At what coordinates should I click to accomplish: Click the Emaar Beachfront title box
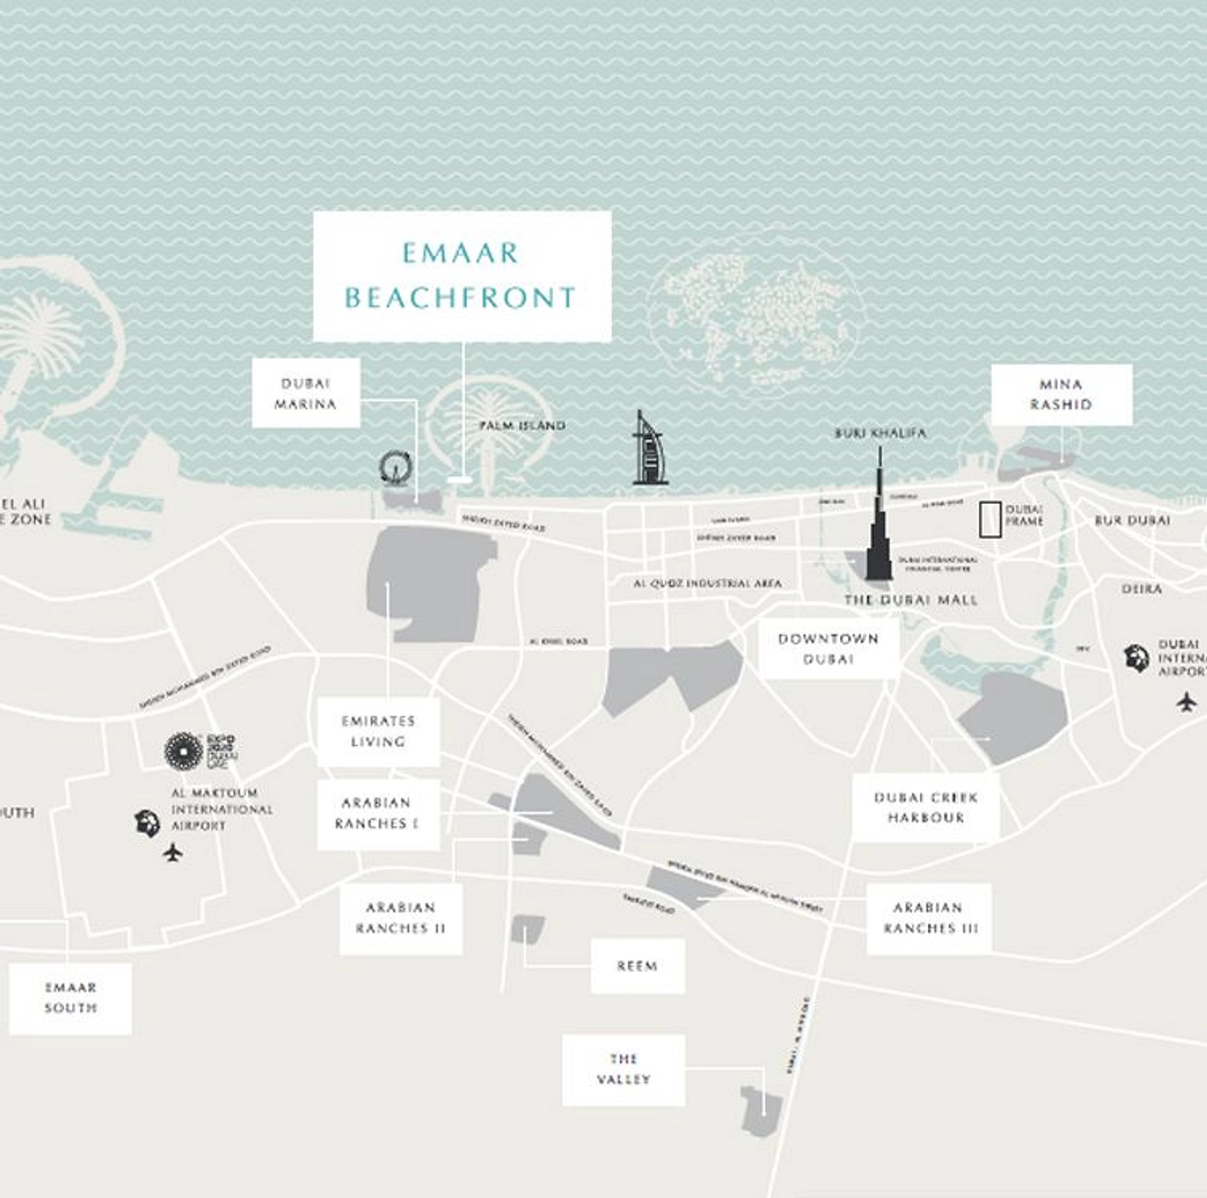click(461, 276)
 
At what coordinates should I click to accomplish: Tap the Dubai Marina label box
click(305, 394)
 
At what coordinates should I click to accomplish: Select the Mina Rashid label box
click(1060, 395)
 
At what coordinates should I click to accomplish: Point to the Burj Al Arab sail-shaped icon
click(648, 449)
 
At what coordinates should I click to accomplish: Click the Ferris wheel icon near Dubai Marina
click(395, 467)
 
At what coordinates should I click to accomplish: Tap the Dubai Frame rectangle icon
click(989, 519)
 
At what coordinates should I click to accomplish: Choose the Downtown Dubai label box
click(828, 649)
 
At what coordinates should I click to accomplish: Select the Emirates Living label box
click(378, 731)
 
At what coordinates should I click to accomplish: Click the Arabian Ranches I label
click(377, 814)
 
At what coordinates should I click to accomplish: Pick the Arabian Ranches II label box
click(400, 918)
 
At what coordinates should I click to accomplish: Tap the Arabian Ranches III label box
click(928, 918)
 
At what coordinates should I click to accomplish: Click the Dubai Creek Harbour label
click(925, 808)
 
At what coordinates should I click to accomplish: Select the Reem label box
click(637, 966)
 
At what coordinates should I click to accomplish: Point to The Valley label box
click(623, 1069)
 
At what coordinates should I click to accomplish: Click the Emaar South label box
click(70, 998)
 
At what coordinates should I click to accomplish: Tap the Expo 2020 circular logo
click(184, 750)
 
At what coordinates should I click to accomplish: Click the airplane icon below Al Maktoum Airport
click(173, 854)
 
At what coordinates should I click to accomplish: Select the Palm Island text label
click(522, 426)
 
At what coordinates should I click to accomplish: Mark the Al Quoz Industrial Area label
click(707, 584)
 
